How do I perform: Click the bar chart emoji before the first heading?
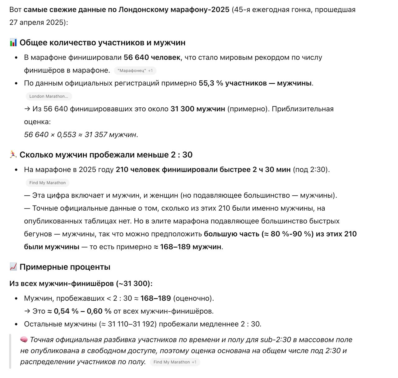click(x=13, y=43)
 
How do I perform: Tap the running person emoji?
click(x=13, y=155)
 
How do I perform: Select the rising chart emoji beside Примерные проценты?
click(x=13, y=267)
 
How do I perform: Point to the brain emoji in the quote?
click(x=24, y=340)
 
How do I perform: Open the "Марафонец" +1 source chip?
click(x=135, y=71)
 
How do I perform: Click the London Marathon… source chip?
click(x=49, y=96)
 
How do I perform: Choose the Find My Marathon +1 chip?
click(x=175, y=362)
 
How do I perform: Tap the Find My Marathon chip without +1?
click(x=47, y=183)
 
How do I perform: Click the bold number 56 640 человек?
click(x=152, y=58)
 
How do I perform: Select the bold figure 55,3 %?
click(x=211, y=83)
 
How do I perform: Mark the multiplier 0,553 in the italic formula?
click(x=67, y=135)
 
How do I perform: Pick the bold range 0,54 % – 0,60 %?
click(x=82, y=311)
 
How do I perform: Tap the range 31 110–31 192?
click(x=132, y=324)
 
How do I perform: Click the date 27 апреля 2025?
click(x=37, y=22)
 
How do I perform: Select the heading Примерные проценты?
click(x=65, y=267)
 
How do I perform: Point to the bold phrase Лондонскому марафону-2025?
click(x=174, y=10)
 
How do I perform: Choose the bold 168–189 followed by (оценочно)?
click(x=155, y=298)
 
